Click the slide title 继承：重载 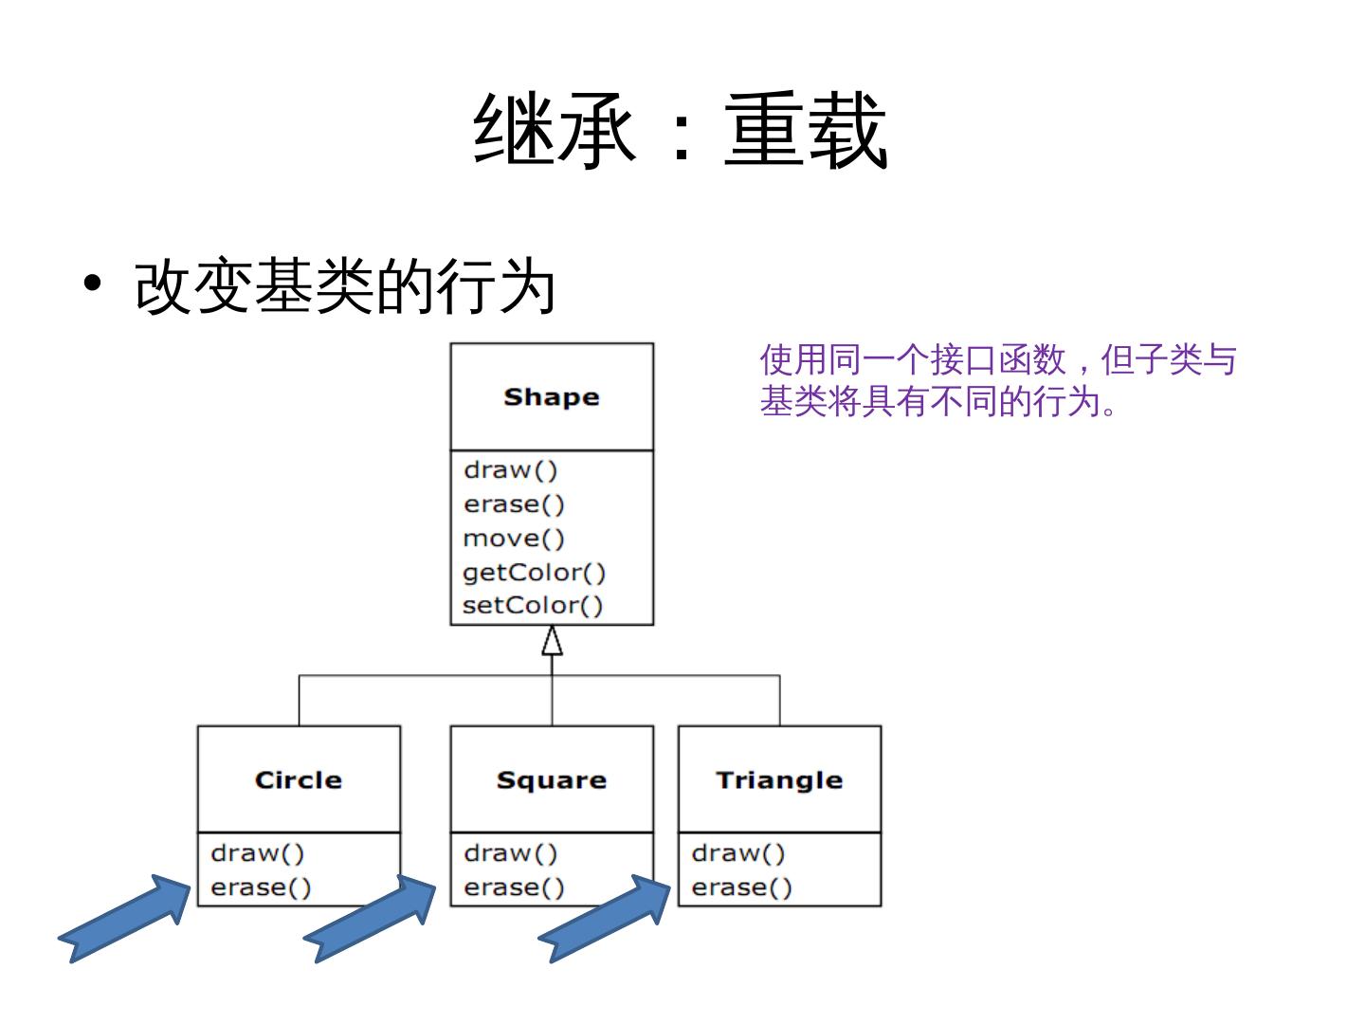point(681,131)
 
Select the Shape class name point(551,397)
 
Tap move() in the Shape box point(513,539)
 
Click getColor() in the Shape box point(534,573)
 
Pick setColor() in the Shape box point(532,605)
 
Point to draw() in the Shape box point(510,470)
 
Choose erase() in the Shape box point(513,504)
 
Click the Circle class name point(298,780)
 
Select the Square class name point(551,780)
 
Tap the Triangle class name point(779,780)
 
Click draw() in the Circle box point(257,853)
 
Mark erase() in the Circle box point(261,887)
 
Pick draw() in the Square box point(510,853)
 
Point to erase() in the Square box point(514,887)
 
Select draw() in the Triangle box point(738,853)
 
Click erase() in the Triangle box point(741,887)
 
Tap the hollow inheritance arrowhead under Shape point(552,642)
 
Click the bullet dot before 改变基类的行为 point(92,283)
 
